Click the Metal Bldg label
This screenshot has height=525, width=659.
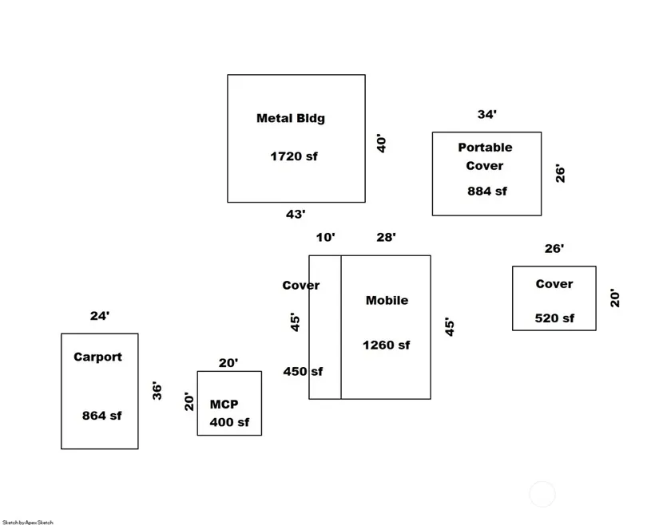290,119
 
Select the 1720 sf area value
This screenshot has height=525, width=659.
293,156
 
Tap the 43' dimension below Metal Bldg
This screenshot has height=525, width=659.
296,214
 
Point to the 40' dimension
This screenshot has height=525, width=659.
382,144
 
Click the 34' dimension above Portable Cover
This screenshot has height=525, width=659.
486,115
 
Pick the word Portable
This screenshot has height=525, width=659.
485,148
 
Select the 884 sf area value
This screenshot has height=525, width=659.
486,191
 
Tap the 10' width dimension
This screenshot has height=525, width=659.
325,237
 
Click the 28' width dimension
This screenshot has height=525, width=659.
386,237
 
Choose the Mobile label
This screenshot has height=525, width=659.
387,301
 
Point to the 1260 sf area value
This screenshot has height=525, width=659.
386,345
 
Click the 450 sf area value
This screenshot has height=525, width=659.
303,371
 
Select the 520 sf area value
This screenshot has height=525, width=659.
554,318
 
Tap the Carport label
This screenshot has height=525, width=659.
97,357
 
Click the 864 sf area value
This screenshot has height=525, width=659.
101,416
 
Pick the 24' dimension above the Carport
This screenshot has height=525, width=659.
99,316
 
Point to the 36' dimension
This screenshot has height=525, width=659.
157,390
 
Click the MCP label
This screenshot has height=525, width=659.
224,405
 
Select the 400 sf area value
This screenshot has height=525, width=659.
229,422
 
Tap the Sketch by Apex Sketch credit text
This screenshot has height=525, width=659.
28,522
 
